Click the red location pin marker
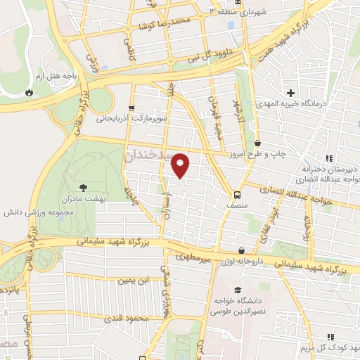point(181,165)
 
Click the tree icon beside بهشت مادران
point(84,187)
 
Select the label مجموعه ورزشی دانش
point(39,211)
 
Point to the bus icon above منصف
point(237,194)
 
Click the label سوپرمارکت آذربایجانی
point(133,120)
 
